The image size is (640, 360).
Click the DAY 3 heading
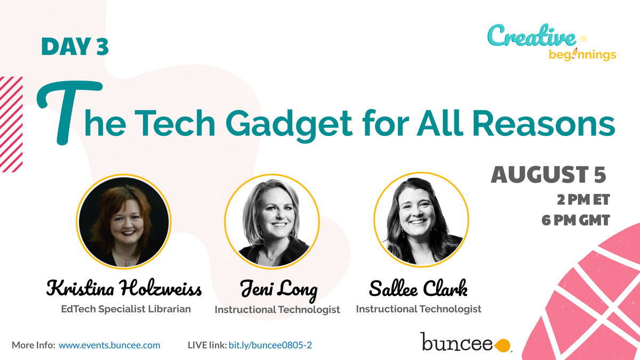coord(75,47)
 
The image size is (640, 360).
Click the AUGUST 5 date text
coord(549,175)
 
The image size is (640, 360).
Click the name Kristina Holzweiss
coord(124,290)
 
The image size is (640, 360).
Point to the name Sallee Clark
coord(418,289)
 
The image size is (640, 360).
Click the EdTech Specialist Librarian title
coord(125,309)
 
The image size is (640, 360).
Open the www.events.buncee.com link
coord(109,345)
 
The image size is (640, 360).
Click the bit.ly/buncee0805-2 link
coord(270,345)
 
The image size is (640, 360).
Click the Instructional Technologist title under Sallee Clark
coord(419,309)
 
